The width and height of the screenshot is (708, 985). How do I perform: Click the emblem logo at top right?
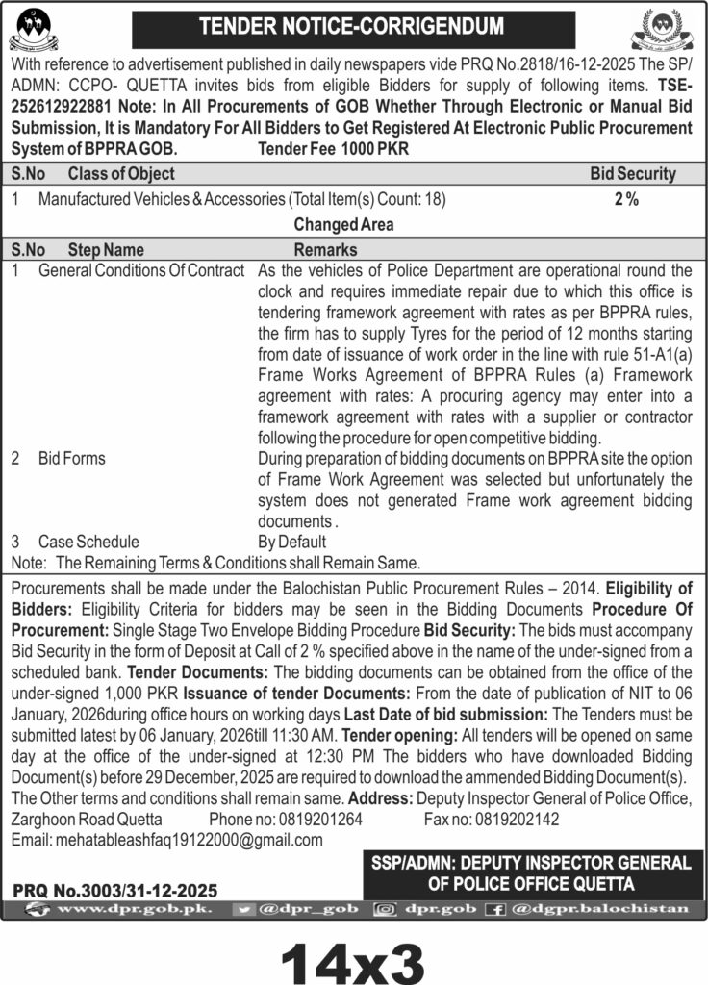pos(663,29)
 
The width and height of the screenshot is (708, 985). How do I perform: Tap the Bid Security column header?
pos(632,174)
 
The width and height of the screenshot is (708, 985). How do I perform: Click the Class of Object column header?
pos(121,174)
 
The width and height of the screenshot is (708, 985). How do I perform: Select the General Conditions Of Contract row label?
pos(141,271)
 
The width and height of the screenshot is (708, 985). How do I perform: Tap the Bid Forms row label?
pos(72,459)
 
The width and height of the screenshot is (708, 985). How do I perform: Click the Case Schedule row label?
pos(88,542)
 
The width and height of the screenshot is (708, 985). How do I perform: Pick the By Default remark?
pos(292,542)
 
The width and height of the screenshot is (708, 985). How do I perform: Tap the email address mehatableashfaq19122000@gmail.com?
pos(167,840)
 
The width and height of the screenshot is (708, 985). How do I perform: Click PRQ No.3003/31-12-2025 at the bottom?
pos(115,891)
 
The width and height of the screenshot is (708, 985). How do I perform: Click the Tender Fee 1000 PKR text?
pos(320,149)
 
